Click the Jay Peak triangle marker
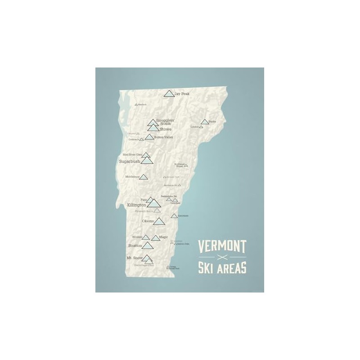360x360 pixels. [x=169, y=94]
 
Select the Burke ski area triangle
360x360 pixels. [x=205, y=121]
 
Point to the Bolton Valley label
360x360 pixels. [x=164, y=136]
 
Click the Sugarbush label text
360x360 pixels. [x=130, y=161]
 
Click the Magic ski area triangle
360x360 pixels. [x=156, y=238]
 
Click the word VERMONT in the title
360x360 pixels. [x=222, y=247]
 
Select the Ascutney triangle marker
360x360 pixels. [x=174, y=216]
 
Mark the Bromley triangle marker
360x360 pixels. [x=146, y=237]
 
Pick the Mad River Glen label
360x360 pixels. [x=132, y=155]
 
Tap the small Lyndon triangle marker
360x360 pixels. [x=201, y=127]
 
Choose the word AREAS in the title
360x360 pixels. [x=233, y=269]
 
